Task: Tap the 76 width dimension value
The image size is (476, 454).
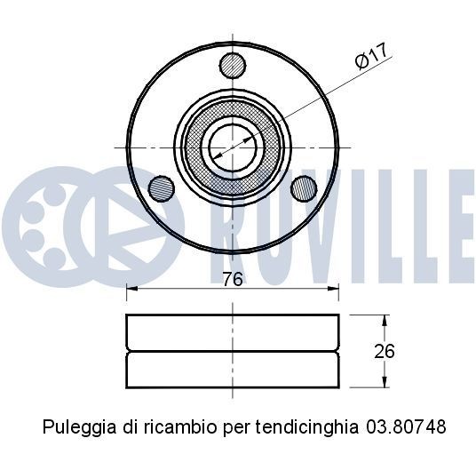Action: [232, 279]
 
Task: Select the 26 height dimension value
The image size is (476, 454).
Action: [384, 351]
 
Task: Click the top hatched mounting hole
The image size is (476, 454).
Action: [233, 64]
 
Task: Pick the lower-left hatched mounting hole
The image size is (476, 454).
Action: [162, 187]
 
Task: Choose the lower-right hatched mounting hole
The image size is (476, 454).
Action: [304, 187]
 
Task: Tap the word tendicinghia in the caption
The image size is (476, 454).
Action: [303, 427]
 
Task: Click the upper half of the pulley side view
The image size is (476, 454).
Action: [233, 332]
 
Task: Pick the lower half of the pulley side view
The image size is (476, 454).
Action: [233, 370]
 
